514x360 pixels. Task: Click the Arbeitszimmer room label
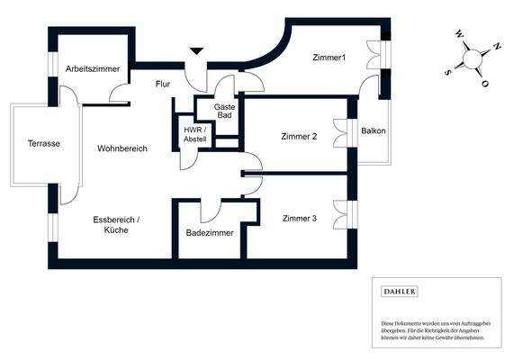(93, 68)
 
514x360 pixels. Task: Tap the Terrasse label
(43, 144)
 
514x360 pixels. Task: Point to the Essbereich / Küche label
(115, 224)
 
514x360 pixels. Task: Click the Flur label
(162, 84)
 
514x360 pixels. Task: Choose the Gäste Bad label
(225, 112)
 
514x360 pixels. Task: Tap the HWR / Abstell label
(195, 134)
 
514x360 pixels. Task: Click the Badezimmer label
(210, 232)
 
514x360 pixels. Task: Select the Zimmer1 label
(329, 58)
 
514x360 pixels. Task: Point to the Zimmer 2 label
(299, 137)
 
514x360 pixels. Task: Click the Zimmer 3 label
(299, 218)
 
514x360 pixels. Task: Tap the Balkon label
(374, 131)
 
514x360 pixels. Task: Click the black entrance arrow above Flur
(196, 52)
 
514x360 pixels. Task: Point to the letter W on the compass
(459, 37)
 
